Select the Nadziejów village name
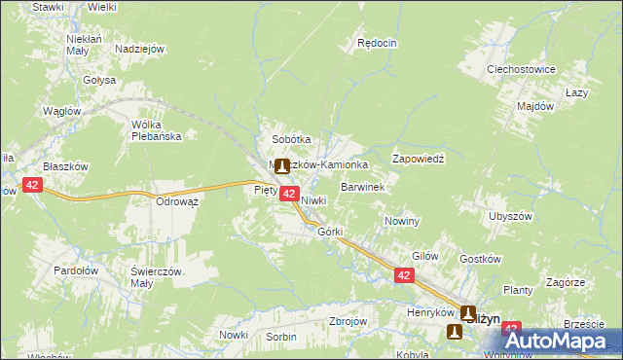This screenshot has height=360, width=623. point(139,49)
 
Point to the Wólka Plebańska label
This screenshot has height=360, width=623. point(157,130)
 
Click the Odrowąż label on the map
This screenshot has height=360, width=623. point(177,201)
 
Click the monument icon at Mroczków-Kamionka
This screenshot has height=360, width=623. point(282,166)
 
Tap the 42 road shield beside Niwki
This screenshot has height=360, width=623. point(289,195)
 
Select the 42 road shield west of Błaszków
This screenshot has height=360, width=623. point(32,185)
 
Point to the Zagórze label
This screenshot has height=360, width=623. point(565,281)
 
